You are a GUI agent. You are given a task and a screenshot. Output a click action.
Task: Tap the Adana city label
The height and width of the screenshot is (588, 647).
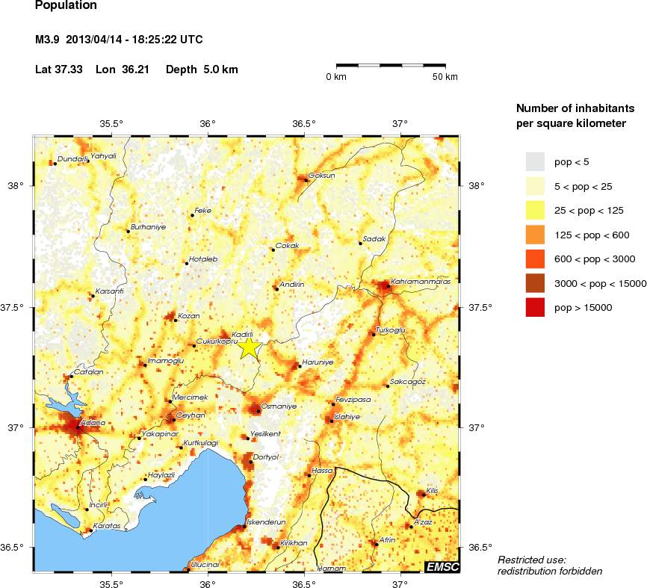(x=92, y=423)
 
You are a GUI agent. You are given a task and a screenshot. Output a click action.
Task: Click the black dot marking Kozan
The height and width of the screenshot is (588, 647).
(x=176, y=321)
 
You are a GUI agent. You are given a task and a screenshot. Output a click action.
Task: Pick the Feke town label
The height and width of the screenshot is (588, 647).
(x=203, y=211)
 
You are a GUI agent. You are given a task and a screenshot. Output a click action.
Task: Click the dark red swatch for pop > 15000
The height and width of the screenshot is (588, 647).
(x=536, y=306)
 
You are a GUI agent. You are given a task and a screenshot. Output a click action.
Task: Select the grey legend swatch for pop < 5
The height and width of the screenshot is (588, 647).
(x=536, y=161)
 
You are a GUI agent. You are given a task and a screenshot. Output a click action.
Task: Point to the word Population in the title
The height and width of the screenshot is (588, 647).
(x=66, y=5)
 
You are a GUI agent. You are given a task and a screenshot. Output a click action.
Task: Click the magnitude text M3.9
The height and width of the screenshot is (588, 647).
(x=49, y=39)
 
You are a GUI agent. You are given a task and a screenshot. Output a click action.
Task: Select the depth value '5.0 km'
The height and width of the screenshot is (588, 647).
(x=221, y=69)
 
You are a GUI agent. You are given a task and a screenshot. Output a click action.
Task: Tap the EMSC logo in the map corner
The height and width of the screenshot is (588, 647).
(x=442, y=567)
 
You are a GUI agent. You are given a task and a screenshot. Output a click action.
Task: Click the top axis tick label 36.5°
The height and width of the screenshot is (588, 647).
(x=304, y=124)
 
